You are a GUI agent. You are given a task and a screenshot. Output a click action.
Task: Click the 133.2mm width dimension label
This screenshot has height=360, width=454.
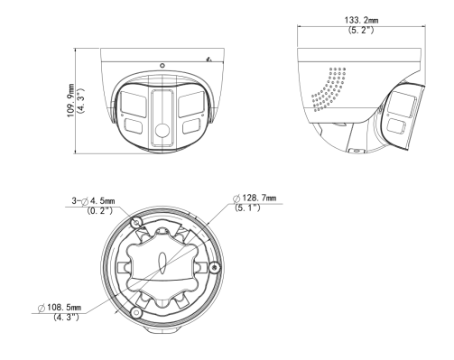click(361, 20)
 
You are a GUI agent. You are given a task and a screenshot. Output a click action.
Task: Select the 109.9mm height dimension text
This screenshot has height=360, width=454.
click(71, 100)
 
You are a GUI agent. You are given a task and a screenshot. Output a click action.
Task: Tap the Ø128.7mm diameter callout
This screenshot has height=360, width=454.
click(255, 198)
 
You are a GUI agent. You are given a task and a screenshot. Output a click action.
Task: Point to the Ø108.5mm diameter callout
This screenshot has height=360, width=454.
click(60, 308)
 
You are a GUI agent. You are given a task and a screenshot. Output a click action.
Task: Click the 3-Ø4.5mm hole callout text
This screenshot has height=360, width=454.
click(93, 200)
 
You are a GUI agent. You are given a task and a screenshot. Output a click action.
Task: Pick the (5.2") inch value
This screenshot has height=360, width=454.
click(361, 30)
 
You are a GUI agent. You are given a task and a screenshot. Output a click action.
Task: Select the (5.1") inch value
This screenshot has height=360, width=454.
click(247, 208)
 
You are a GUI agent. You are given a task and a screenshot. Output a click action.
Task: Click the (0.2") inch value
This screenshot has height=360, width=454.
click(99, 210)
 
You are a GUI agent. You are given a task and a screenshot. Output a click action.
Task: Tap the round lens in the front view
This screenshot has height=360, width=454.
click(162, 131)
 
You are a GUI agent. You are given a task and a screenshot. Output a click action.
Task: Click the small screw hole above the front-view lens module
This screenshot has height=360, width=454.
click(162, 65)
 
